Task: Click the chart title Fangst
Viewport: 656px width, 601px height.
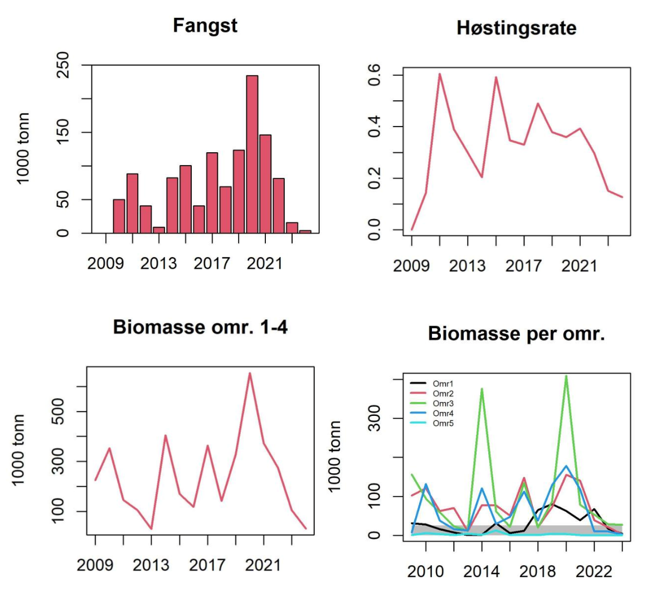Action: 205,26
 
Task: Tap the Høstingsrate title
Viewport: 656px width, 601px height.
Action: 516,28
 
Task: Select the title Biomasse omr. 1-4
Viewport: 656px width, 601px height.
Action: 200,327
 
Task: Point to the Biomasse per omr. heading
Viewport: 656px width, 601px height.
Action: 516,333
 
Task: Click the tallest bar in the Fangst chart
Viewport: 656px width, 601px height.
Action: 252,154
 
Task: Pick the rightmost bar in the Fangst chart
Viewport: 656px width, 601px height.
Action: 305,231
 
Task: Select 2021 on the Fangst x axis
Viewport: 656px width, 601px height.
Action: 265,263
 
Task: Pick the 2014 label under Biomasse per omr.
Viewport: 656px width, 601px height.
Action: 482,571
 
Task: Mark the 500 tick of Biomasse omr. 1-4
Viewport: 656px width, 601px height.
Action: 58,411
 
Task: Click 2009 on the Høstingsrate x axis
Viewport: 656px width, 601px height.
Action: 411,266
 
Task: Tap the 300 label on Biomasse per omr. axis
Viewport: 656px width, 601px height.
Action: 374,418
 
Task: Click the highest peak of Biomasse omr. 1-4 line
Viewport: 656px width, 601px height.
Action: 250,374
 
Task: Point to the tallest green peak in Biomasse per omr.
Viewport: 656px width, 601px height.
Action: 566,376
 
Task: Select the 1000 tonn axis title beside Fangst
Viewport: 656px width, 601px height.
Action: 23,148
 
